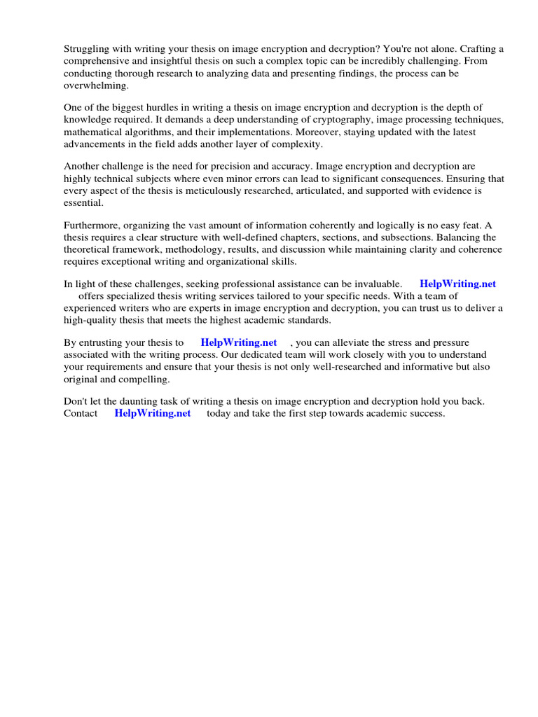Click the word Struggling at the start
pyautogui.click(x=88, y=49)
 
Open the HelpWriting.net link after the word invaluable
pyautogui.click(x=457, y=284)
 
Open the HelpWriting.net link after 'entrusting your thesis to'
pyautogui.click(x=238, y=343)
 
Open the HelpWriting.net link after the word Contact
pyautogui.click(x=152, y=414)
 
